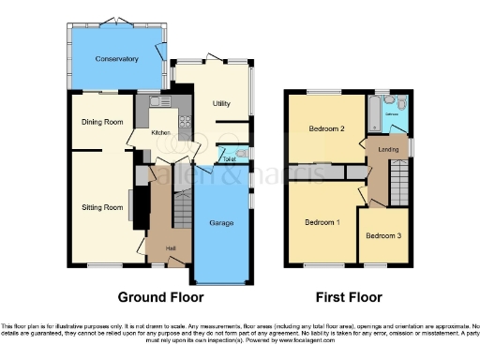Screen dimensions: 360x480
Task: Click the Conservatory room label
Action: tap(116, 59)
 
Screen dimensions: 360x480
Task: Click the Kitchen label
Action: tap(160, 133)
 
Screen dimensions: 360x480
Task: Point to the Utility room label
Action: tap(221, 103)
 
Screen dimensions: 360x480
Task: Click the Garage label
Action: tap(221, 222)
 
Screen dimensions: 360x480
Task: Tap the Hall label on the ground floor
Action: tap(172, 247)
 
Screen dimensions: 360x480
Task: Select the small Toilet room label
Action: tap(228, 159)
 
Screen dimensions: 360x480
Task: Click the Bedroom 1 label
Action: tap(322, 222)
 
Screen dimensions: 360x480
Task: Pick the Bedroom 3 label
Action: tap(383, 235)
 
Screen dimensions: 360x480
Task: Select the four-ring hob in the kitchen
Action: tap(185, 118)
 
